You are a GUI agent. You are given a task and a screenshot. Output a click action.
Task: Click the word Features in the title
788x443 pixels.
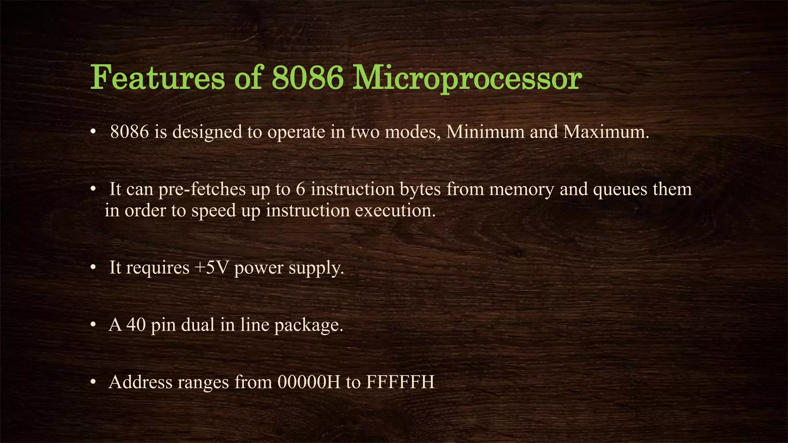click(157, 78)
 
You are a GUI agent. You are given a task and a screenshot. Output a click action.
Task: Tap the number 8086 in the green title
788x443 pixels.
click(307, 78)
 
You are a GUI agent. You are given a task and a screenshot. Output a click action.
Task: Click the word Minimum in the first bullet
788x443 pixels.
click(485, 132)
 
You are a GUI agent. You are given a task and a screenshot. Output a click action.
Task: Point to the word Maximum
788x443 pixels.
click(606, 132)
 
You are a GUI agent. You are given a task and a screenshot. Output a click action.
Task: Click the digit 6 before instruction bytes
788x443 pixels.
click(301, 189)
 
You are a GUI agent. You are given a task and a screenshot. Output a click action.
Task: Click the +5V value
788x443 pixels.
click(211, 267)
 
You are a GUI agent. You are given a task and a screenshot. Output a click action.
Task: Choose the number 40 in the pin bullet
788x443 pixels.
click(136, 325)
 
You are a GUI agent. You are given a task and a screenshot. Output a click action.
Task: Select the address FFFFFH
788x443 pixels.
click(400, 382)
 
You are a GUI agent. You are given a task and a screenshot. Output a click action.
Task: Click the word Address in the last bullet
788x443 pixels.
click(140, 382)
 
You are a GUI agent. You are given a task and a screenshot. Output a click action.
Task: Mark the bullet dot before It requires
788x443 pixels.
click(93, 268)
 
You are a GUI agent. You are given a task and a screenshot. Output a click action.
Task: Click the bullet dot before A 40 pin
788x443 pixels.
click(93, 325)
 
